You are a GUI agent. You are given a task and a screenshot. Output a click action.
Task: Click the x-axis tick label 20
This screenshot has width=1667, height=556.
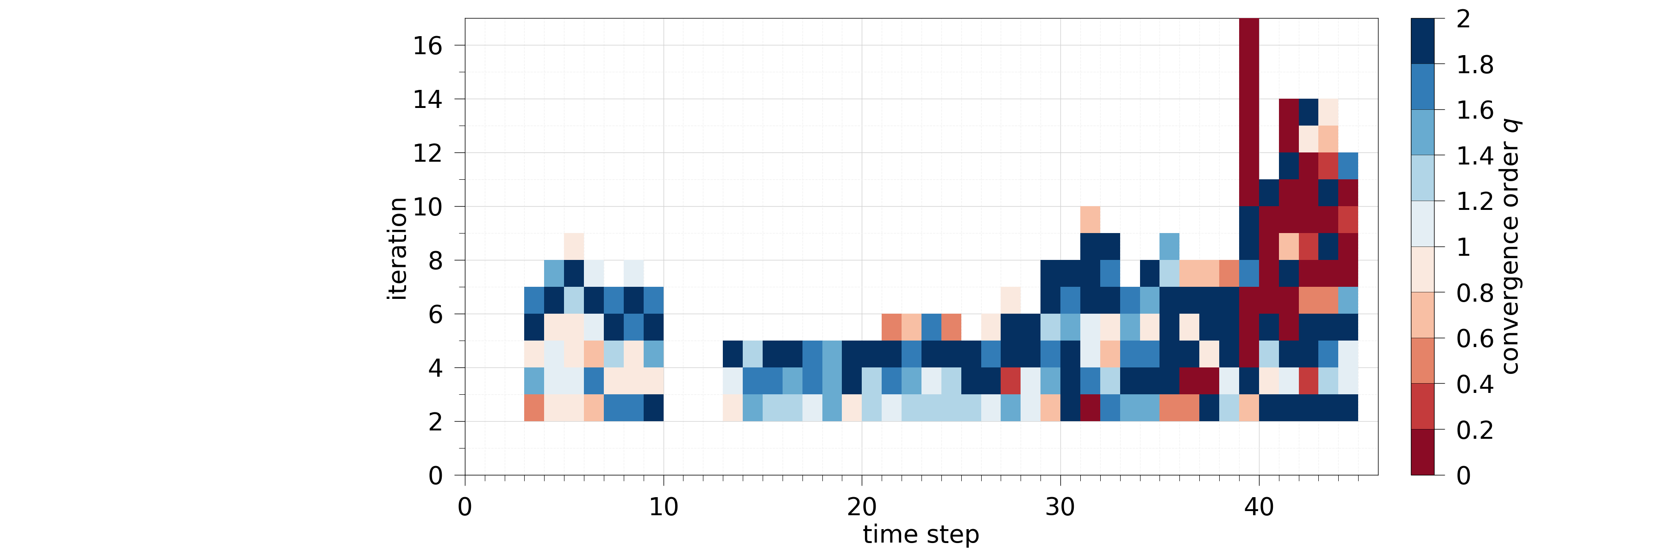[x=861, y=507]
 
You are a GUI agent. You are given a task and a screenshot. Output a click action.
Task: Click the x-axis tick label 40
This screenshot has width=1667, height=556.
[x=1259, y=507]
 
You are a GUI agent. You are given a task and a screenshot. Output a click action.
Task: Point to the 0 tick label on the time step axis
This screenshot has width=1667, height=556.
[x=464, y=507]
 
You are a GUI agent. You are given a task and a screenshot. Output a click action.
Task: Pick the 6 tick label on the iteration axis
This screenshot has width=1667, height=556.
[x=435, y=315]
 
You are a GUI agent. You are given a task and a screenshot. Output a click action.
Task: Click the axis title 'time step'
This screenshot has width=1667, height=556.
[x=921, y=535]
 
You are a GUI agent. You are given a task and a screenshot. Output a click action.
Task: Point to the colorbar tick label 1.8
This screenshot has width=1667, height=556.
[x=1475, y=65]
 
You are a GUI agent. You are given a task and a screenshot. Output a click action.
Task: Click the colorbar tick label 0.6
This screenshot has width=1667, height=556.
[x=1475, y=339]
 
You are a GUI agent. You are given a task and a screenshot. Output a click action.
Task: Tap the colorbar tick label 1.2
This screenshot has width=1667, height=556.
[x=1475, y=201]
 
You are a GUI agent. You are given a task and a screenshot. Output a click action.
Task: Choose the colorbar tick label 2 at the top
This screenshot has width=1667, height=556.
[x=1463, y=19]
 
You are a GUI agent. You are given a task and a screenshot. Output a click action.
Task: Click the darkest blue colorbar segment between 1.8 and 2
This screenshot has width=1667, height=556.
[x=1423, y=41]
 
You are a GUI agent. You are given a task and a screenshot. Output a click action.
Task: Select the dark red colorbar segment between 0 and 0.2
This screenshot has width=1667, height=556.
[x=1423, y=452]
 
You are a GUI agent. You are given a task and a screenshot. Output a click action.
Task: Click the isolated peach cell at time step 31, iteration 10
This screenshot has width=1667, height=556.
[x=1090, y=220]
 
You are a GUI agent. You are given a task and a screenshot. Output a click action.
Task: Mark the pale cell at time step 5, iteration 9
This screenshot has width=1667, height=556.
[x=574, y=246]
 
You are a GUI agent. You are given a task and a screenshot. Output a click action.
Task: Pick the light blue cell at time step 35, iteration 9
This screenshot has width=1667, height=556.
[x=1169, y=246]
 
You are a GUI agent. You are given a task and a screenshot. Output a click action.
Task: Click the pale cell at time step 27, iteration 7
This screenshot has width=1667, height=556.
[x=1010, y=300]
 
